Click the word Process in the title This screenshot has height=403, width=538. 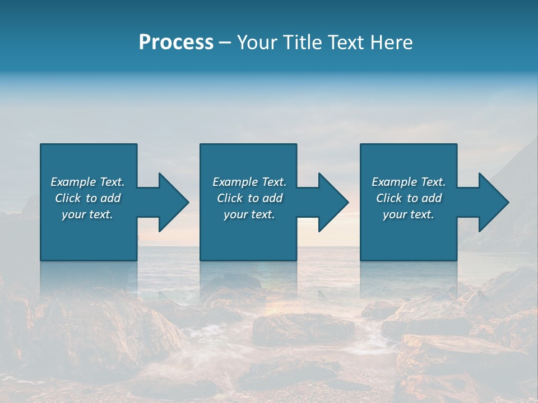coord(176,43)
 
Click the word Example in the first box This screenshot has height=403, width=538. coord(73,182)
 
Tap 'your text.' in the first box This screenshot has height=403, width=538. coord(87,214)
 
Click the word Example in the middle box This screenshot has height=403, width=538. coord(235,182)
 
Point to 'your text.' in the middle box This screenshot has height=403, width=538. coord(249,214)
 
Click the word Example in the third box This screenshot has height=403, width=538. coord(395,182)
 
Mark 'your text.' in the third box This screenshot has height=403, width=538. coord(409,214)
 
